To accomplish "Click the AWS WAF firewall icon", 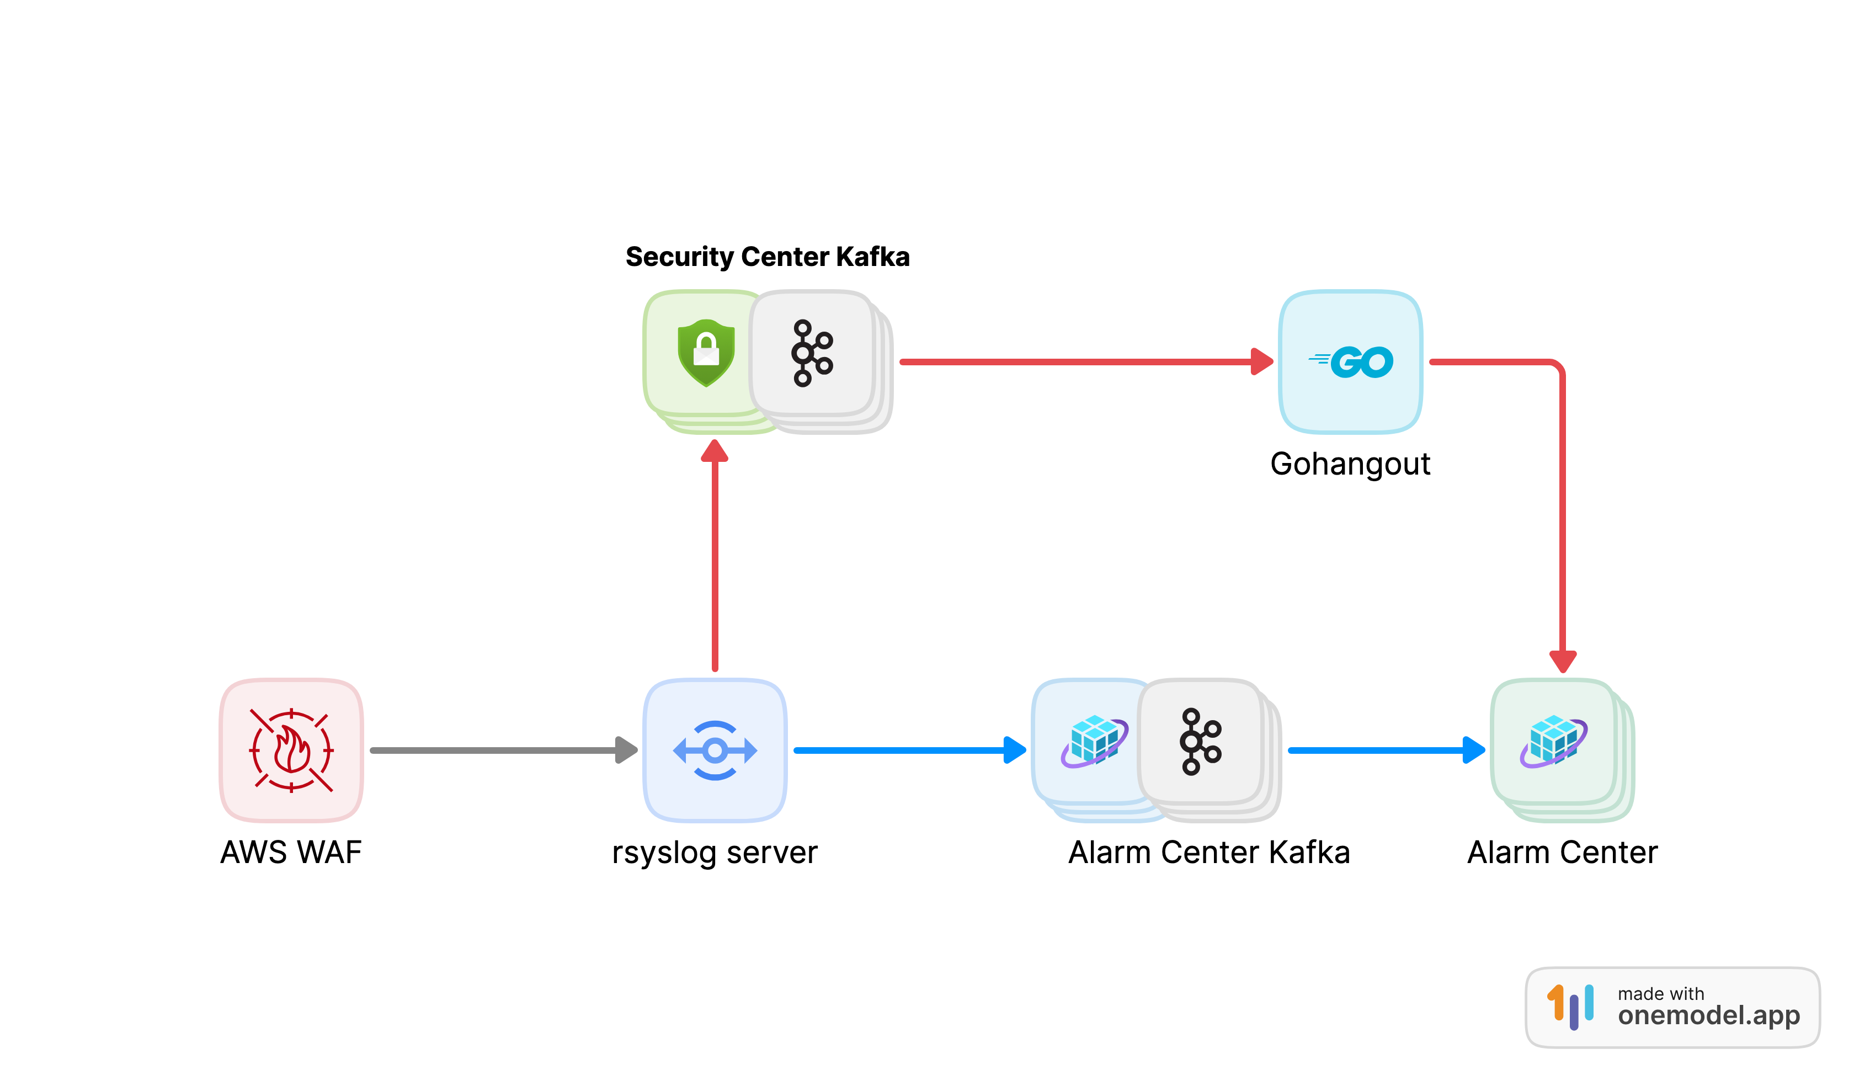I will click(291, 750).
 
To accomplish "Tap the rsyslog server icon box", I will click(715, 750).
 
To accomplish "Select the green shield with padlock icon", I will click(706, 353).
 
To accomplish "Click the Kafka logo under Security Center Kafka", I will click(812, 353).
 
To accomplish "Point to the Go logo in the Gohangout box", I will click(1351, 362).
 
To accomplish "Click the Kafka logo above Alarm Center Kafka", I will click(1200, 742).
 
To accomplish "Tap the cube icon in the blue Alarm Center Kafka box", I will click(1094, 742).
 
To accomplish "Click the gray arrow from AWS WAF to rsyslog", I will click(500, 750).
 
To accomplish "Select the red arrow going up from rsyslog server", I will click(715, 559).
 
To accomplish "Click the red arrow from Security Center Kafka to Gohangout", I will click(1081, 362).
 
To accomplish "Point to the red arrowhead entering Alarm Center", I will click(1563, 661).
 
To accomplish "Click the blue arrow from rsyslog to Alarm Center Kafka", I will click(905, 750).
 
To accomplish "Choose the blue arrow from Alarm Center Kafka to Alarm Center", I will click(1383, 750).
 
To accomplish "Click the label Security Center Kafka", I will click(768, 257).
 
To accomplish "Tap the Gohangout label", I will click(1350, 464).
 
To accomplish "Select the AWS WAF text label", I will click(291, 853).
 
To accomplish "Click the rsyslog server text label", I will click(715, 853).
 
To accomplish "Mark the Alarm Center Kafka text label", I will click(1209, 853).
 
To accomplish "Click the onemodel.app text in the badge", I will click(1708, 1015).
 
